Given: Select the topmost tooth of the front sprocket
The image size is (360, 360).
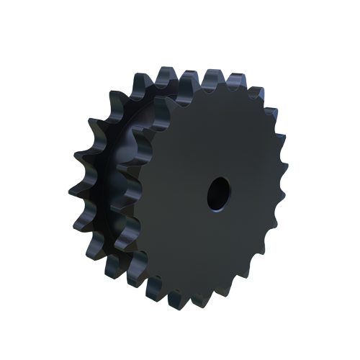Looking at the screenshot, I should pyautogui.click(x=213, y=77).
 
